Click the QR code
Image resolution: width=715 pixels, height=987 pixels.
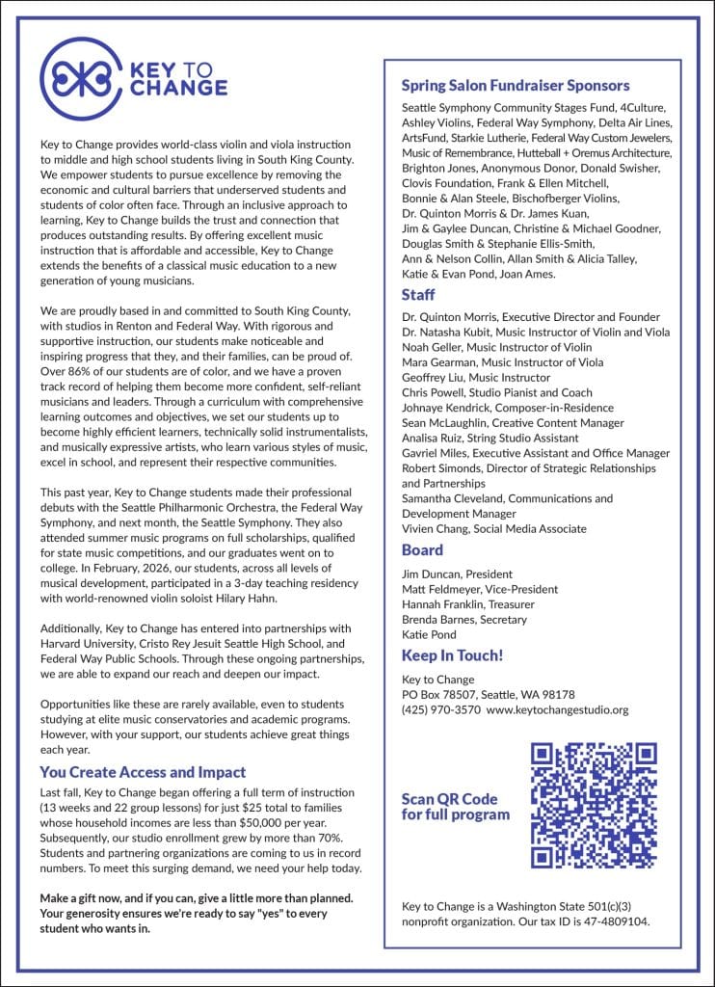[595, 805]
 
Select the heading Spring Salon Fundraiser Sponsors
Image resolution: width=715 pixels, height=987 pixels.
[515, 86]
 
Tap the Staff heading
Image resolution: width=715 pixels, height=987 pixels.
[418, 294]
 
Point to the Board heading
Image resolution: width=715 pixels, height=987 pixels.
[422, 550]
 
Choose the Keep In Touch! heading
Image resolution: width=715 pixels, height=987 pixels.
[452, 655]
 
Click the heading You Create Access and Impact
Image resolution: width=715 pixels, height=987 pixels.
[143, 772]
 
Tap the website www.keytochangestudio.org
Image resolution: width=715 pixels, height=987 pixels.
[558, 710]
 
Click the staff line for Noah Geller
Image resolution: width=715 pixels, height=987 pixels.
[496, 348]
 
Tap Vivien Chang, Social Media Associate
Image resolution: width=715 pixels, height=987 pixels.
[493, 529]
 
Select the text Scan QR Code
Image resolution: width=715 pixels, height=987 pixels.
[449, 799]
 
